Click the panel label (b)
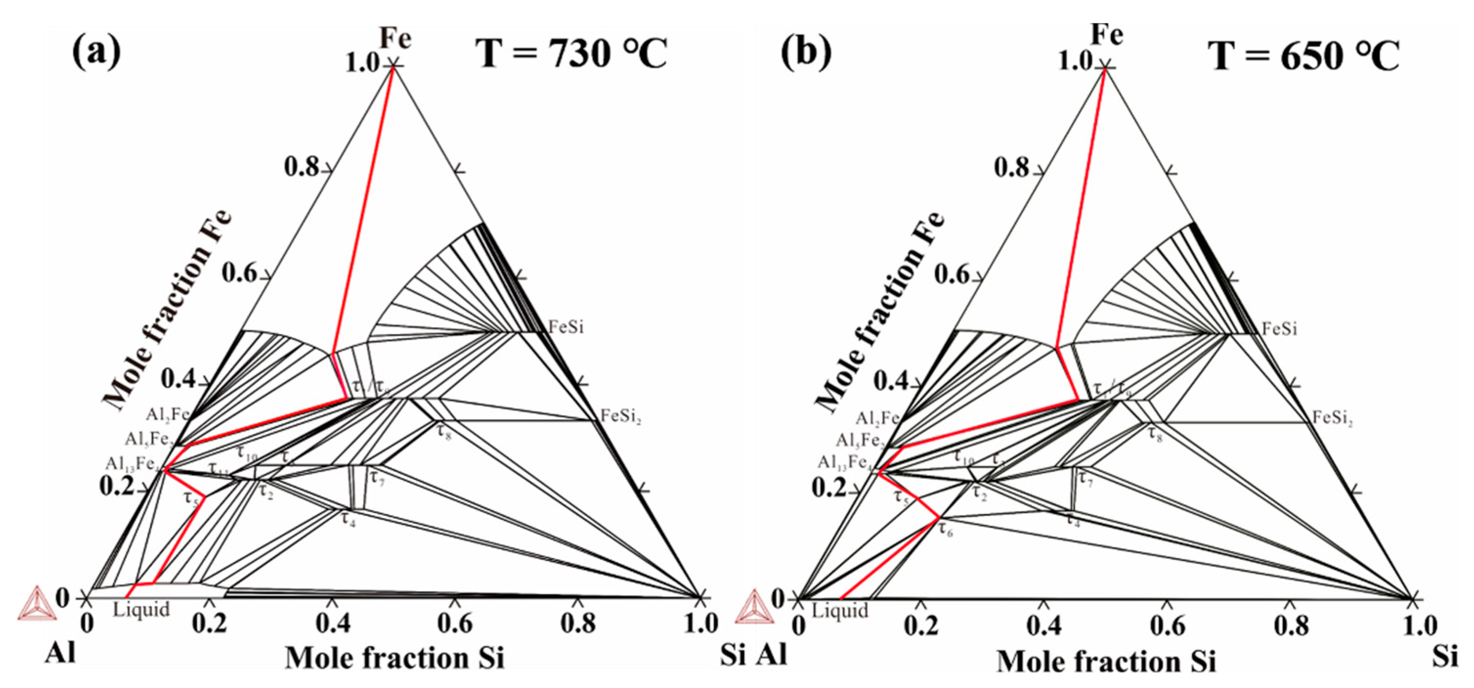tap(807, 53)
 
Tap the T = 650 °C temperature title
tap(1303, 57)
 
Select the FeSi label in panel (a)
tap(566, 327)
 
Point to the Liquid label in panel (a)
tap(141, 610)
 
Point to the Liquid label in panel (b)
tap(840, 611)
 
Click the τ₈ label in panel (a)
tap(445, 431)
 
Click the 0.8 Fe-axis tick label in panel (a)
tap(301, 167)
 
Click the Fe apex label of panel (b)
tap(1107, 36)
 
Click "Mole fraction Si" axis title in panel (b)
tap(1106, 662)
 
